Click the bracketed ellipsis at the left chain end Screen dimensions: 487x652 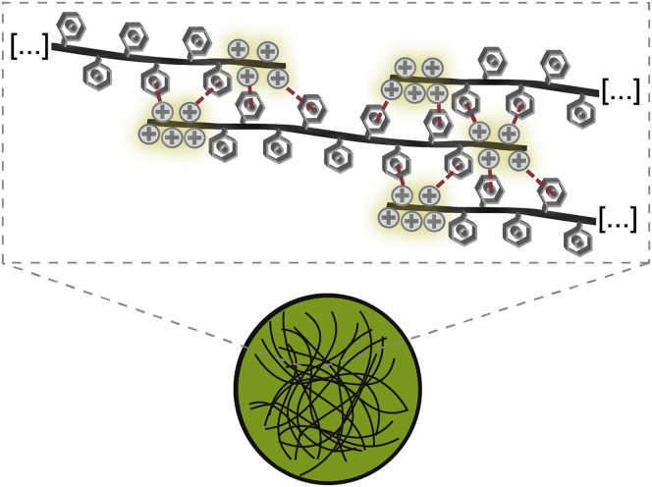28,45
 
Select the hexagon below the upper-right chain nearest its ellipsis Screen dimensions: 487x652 581,113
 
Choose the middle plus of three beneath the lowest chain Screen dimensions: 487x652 412,220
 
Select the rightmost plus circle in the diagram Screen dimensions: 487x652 509,133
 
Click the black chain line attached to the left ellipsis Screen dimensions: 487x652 147,58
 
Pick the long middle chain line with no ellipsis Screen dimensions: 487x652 334,135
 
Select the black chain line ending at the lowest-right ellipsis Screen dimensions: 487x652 501,208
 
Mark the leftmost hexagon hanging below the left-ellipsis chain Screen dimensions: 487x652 97,72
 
